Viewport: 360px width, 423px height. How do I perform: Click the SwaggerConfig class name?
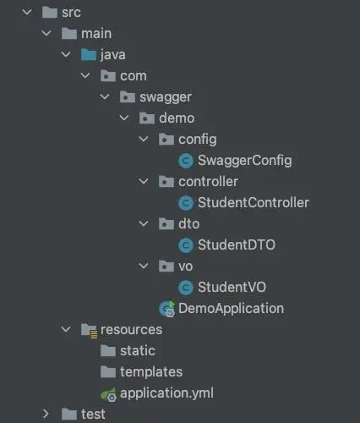pos(244,161)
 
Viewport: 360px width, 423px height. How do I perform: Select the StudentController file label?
pos(254,202)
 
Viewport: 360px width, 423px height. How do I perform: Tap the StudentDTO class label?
pos(237,244)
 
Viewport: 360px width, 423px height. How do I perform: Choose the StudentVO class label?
pos(232,287)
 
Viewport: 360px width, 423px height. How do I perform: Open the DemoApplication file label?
pos(231,308)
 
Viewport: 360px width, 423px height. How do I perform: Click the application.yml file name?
pos(166,393)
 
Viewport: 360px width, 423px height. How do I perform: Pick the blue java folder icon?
pos(89,54)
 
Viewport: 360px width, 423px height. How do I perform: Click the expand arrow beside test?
pos(46,414)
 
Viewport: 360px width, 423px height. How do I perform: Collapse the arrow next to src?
pos(27,12)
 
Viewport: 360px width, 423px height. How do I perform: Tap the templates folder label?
pos(151,372)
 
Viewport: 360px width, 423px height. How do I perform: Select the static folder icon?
pos(108,351)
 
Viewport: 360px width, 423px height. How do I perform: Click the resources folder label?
pos(131,330)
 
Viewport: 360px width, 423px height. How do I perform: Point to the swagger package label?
pos(166,97)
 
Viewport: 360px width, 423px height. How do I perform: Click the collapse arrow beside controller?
pos(144,181)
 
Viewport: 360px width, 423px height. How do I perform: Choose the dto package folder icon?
pos(166,224)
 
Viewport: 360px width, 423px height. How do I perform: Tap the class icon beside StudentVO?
pos(186,287)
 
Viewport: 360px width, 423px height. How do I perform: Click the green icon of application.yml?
pos(108,394)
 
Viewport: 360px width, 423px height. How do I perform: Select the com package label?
pos(134,76)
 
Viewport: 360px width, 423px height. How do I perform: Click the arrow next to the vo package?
pos(144,266)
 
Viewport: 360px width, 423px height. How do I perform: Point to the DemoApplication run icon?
pos(167,309)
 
